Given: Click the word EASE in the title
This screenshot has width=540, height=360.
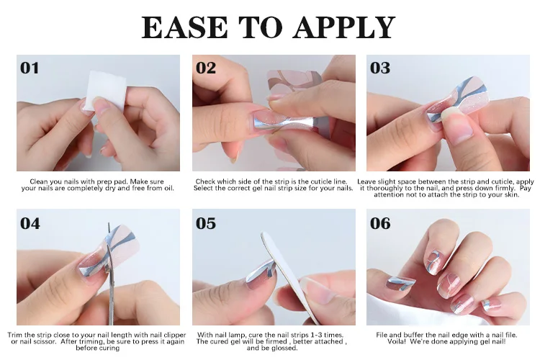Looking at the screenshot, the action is (184, 27).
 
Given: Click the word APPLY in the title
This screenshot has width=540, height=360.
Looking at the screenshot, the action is (343, 27).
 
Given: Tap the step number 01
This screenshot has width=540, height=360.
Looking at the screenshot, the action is (30, 68).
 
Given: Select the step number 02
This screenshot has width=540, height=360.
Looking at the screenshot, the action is (206, 68).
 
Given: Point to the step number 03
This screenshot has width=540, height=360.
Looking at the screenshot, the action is (380, 68).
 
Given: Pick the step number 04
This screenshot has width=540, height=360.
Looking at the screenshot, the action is (30, 223).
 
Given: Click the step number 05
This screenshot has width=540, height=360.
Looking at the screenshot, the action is (206, 223).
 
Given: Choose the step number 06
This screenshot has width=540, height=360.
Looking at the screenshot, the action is (380, 223).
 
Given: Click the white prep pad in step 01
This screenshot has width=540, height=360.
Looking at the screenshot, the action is (104, 91).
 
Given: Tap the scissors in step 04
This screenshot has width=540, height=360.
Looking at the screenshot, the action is (111, 276).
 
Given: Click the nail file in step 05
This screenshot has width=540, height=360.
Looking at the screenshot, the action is (287, 276).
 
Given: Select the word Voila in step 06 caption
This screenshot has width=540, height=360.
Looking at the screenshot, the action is (397, 341).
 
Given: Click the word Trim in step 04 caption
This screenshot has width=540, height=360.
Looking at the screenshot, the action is (14, 335).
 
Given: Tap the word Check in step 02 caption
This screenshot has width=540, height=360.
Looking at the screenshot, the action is (205, 181).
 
